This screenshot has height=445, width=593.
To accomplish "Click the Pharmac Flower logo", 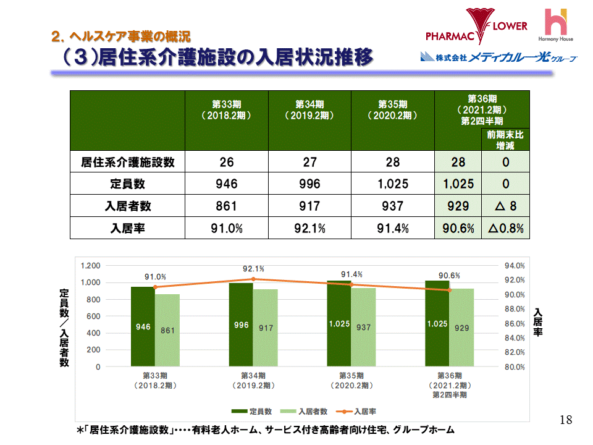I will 476,28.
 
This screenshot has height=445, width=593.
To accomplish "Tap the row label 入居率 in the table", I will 127,228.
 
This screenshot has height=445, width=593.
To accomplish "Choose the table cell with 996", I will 309,184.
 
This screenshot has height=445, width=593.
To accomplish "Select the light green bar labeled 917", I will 266,328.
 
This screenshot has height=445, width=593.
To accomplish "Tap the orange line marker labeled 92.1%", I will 253,279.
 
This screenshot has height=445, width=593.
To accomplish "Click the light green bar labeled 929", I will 461,328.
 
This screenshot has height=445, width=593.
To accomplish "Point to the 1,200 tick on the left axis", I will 90,266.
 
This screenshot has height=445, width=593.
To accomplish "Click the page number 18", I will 565,420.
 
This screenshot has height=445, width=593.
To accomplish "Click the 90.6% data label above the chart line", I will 449,275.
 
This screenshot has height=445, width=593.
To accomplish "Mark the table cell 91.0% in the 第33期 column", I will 227,228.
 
